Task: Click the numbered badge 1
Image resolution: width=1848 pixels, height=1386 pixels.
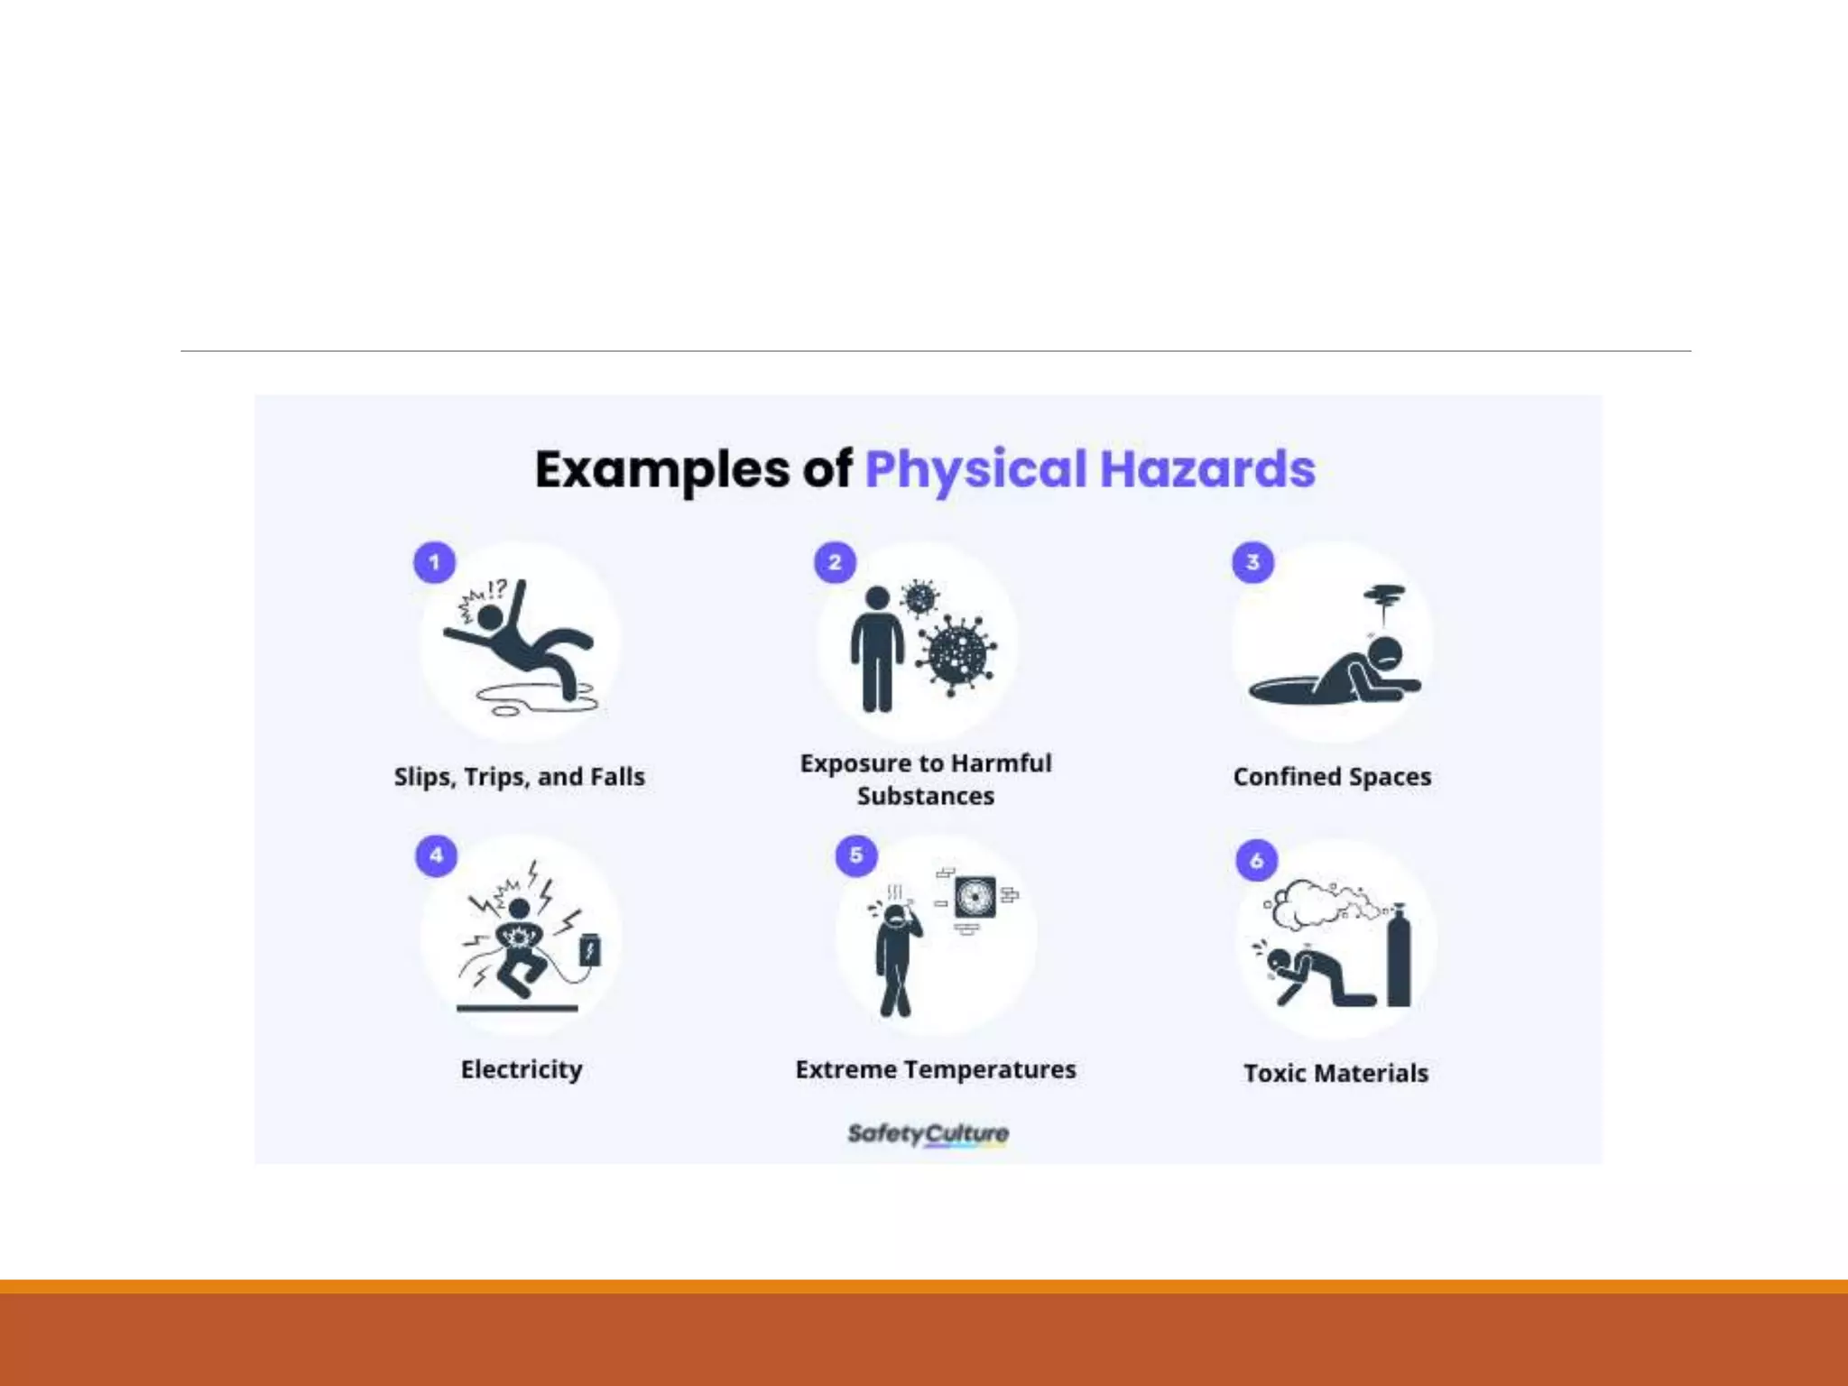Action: pos(434,562)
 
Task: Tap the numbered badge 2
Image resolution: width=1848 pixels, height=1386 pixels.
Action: pos(835,562)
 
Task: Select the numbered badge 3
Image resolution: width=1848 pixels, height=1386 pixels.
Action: pos(1252,562)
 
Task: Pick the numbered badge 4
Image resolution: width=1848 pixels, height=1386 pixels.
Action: pos(437,855)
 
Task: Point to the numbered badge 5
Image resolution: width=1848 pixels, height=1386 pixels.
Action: pos(856,855)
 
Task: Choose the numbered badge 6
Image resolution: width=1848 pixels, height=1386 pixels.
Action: pos(1256,860)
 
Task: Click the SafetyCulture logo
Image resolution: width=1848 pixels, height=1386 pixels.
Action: pos(928,1133)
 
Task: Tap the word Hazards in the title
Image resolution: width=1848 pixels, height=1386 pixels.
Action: pos(1207,469)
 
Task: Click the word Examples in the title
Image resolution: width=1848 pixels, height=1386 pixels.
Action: pos(662,469)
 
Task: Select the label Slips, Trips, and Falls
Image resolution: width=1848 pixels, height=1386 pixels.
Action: pos(520,777)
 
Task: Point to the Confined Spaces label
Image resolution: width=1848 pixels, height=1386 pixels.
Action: pos(1332,777)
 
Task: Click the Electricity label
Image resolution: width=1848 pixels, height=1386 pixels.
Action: pos(522,1069)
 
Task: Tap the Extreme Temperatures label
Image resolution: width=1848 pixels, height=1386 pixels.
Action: pos(936,1069)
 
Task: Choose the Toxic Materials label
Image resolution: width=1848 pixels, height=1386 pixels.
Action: pos(1336,1073)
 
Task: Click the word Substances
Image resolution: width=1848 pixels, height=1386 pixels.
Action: pos(926,796)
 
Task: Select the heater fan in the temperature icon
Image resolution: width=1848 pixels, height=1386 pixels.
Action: pos(975,898)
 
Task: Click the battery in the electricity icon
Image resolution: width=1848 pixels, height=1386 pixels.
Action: pos(590,950)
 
